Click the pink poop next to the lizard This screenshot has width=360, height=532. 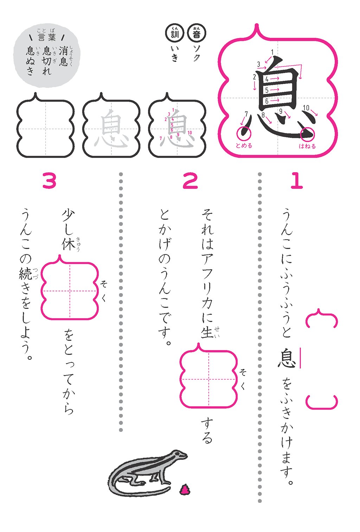coord(184,489)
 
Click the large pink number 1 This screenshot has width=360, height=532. coord(296,181)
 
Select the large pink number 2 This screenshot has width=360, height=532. coord(190,181)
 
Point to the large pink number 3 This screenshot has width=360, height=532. coord(49,181)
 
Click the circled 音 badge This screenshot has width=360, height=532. coord(197,34)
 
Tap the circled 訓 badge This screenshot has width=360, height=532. coord(174,34)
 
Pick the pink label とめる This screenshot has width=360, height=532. coord(244,145)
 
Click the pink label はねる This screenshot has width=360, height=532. coord(307,146)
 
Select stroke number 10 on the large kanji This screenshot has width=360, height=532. coord(306,108)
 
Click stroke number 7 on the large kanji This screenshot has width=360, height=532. coord(246,114)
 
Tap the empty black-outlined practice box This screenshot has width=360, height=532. coord(46,129)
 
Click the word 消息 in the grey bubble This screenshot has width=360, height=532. coord(63,56)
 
